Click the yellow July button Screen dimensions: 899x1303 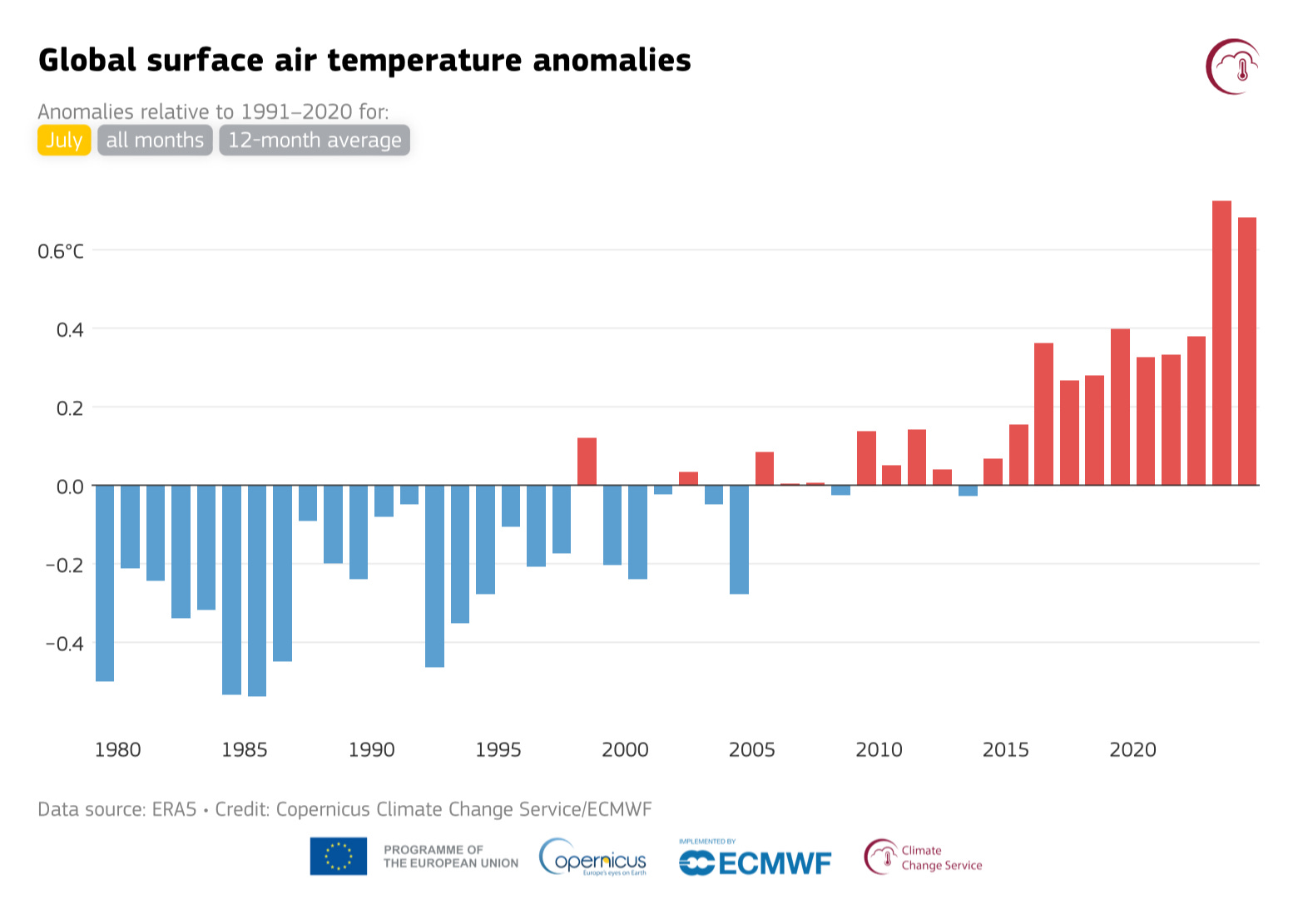[64, 140]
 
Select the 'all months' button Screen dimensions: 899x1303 [155, 140]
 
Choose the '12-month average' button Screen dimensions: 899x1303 [315, 140]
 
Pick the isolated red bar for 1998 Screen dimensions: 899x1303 [587, 462]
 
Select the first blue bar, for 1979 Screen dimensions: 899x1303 [105, 583]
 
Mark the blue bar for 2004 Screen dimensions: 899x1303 [739, 539]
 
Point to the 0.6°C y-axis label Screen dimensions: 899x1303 [61, 251]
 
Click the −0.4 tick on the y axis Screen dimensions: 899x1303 [64, 644]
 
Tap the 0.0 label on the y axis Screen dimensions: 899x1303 [70, 487]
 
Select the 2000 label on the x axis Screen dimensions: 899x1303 [625, 750]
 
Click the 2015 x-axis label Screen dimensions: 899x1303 [1005, 750]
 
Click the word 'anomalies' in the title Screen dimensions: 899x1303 [612, 61]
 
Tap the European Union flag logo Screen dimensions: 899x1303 [339, 857]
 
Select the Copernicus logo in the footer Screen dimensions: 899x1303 [592, 857]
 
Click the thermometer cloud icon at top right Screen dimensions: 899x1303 [1233, 67]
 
